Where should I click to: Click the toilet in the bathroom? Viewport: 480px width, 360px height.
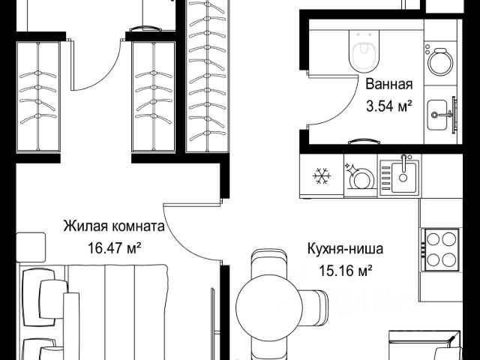tap(364, 51)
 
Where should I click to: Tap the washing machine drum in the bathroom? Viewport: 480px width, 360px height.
tap(440, 63)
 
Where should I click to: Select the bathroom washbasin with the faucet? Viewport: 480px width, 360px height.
tap(437, 115)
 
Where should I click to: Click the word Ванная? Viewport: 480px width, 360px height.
tap(389, 84)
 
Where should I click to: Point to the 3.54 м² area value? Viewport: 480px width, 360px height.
tap(388, 106)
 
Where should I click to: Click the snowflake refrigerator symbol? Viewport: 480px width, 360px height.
tap(322, 176)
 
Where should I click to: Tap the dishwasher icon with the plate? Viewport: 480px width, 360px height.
tap(361, 177)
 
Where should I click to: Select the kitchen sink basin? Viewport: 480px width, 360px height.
tap(403, 178)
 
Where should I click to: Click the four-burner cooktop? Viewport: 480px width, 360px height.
tap(441, 250)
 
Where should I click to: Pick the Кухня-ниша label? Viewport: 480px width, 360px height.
tap(345, 249)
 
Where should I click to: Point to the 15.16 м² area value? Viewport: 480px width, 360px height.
tap(346, 271)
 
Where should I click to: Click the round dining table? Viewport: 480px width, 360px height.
tap(269, 307)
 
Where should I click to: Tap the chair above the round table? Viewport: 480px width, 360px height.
tap(269, 262)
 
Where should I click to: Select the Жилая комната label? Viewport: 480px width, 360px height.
tap(114, 226)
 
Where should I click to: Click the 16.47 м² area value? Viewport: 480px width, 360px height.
tap(114, 248)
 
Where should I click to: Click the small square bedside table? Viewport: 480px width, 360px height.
tap(31, 247)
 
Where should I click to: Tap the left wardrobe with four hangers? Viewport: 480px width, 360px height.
tap(38, 97)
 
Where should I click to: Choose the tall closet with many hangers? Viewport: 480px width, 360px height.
tap(208, 75)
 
